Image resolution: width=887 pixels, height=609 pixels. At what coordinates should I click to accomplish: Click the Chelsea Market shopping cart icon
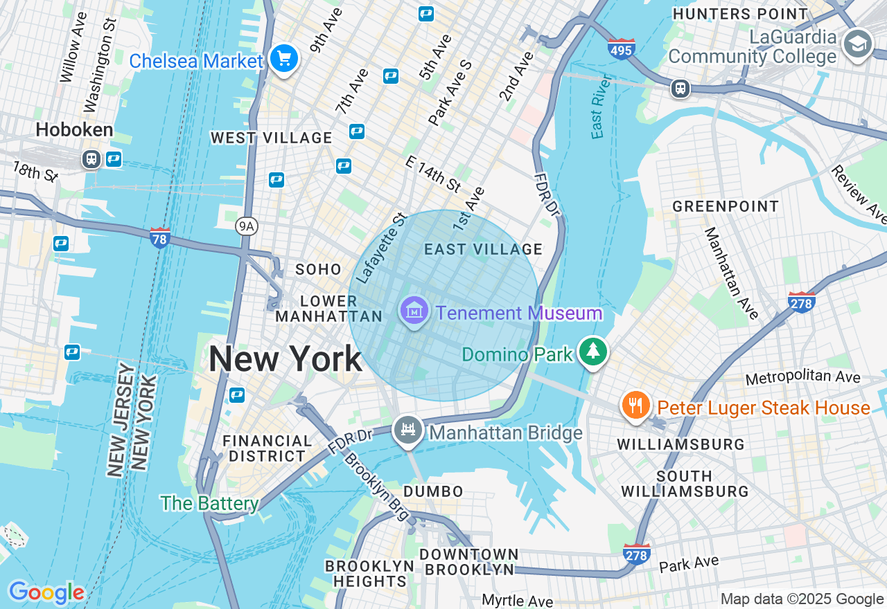coord(284,59)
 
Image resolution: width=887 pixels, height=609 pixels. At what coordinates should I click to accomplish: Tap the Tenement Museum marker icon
coord(414,312)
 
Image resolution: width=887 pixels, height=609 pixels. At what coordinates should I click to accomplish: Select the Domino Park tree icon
coord(593,352)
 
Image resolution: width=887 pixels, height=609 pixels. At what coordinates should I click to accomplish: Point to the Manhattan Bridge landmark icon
coord(409,430)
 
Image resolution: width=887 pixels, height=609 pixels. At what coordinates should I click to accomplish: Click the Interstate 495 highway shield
coord(622,49)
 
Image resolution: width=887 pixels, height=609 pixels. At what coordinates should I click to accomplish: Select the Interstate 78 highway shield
coord(160,238)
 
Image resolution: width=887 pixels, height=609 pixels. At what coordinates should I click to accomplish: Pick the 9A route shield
coord(246,225)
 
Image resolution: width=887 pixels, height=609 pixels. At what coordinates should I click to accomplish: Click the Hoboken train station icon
coord(91,159)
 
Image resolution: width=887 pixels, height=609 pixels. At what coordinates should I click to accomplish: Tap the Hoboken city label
coord(74,129)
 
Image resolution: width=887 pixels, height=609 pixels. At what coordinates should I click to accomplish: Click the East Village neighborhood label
coord(483,249)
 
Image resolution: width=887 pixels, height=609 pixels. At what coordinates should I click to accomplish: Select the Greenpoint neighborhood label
coord(726,206)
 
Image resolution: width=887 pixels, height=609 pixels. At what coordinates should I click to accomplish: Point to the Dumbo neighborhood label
coord(433,491)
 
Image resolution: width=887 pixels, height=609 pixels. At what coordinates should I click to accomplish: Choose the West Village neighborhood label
coord(272,138)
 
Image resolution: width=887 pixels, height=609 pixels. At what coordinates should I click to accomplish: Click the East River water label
coord(599,107)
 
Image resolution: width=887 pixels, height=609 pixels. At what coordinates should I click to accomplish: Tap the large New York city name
coord(285,359)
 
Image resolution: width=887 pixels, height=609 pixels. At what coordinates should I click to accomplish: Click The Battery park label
coord(209,503)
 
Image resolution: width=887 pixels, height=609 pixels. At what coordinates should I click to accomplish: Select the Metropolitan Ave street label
coord(802,378)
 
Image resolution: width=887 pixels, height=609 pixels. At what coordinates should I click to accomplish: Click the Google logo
coord(46,592)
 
